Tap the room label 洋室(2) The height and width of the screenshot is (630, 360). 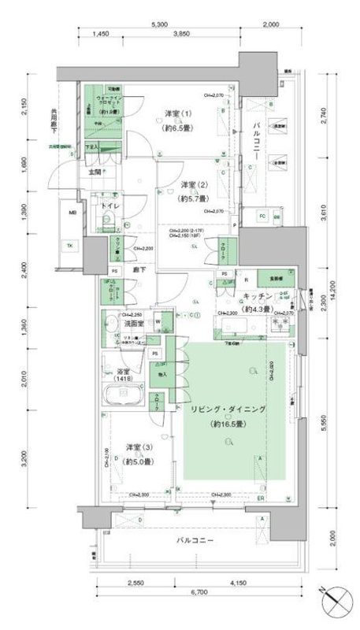[187, 187]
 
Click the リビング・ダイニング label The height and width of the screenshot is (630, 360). [228, 410]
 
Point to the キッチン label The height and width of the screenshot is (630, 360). [257, 297]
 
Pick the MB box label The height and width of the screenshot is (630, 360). [72, 213]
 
